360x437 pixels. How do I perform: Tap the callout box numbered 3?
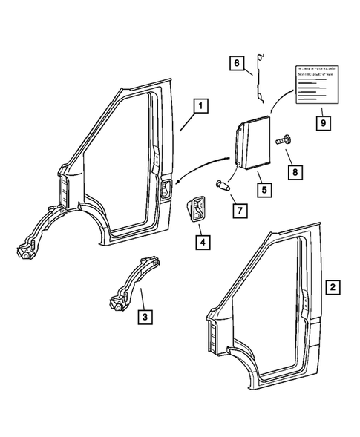(x=145, y=318)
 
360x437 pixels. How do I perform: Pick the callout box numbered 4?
(x=201, y=241)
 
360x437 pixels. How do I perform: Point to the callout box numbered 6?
(x=237, y=65)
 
